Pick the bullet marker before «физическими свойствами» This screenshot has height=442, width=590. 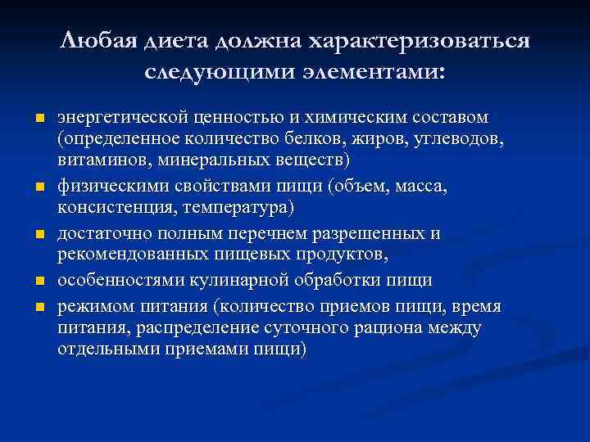[x=39, y=188]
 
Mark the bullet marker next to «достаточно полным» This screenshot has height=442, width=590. [x=39, y=236]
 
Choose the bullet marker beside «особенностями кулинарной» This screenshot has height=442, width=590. [x=39, y=282]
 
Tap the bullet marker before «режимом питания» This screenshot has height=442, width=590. [x=39, y=307]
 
